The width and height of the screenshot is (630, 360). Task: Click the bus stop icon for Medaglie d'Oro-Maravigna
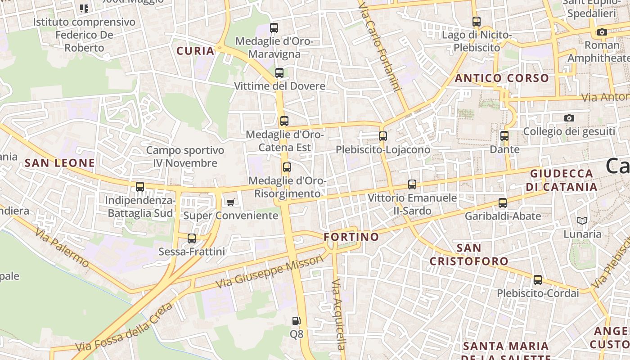tap(274, 27)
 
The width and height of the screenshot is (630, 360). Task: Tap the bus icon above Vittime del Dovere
tap(279, 72)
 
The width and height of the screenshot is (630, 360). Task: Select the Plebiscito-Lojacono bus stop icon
tap(383, 136)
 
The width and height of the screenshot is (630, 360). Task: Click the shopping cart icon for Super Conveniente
tap(230, 202)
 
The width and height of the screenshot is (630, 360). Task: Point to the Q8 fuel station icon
tap(296, 321)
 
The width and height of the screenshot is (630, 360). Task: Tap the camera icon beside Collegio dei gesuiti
tap(569, 118)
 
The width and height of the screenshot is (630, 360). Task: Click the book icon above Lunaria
tap(582, 220)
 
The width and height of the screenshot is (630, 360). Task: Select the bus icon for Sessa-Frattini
tap(192, 238)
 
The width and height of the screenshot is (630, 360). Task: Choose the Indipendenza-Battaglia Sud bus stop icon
tap(140, 186)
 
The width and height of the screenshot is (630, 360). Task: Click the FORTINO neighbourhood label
tap(351, 237)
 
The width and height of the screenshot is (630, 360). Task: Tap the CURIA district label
tap(195, 51)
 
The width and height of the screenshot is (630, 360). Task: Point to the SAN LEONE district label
tap(60, 163)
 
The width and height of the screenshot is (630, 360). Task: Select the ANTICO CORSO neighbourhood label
tap(502, 78)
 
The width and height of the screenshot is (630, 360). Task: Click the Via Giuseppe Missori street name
tap(270, 272)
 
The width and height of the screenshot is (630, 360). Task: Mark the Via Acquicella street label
tap(338, 315)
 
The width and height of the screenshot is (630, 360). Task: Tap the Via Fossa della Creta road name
tap(124, 328)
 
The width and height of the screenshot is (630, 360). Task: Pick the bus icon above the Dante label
tap(504, 135)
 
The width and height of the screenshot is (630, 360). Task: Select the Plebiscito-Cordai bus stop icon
tap(538, 279)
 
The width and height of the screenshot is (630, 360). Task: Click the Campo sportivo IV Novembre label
tap(185, 157)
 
